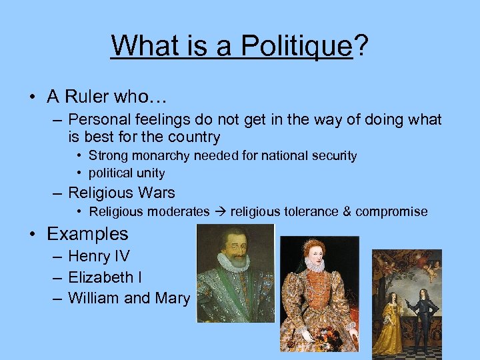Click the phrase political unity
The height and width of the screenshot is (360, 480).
coord(127,173)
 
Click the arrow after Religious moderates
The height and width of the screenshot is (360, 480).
coord(220,212)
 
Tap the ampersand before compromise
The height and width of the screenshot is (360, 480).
coord(346,212)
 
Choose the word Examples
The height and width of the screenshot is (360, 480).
coord(87,234)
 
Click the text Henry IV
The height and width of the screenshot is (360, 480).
coord(99,256)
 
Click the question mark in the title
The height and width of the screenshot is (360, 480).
coord(361,45)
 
